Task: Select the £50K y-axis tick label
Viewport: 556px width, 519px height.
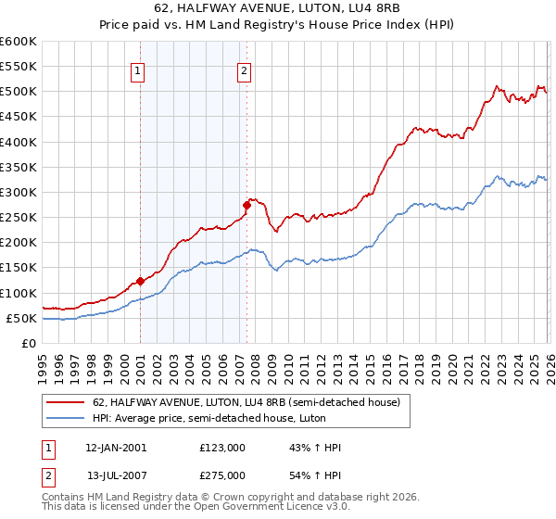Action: coord(21,319)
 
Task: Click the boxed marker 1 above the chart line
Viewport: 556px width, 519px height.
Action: coord(137,70)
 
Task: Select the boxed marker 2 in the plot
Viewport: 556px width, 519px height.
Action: coord(244,70)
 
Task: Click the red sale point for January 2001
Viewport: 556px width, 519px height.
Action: coord(140,281)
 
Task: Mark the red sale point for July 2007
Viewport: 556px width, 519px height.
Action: coord(247,205)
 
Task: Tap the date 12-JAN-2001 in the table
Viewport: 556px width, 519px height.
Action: coord(116,448)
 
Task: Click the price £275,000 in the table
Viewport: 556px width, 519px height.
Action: coord(222,475)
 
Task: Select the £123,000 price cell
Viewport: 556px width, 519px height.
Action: coord(222,448)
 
